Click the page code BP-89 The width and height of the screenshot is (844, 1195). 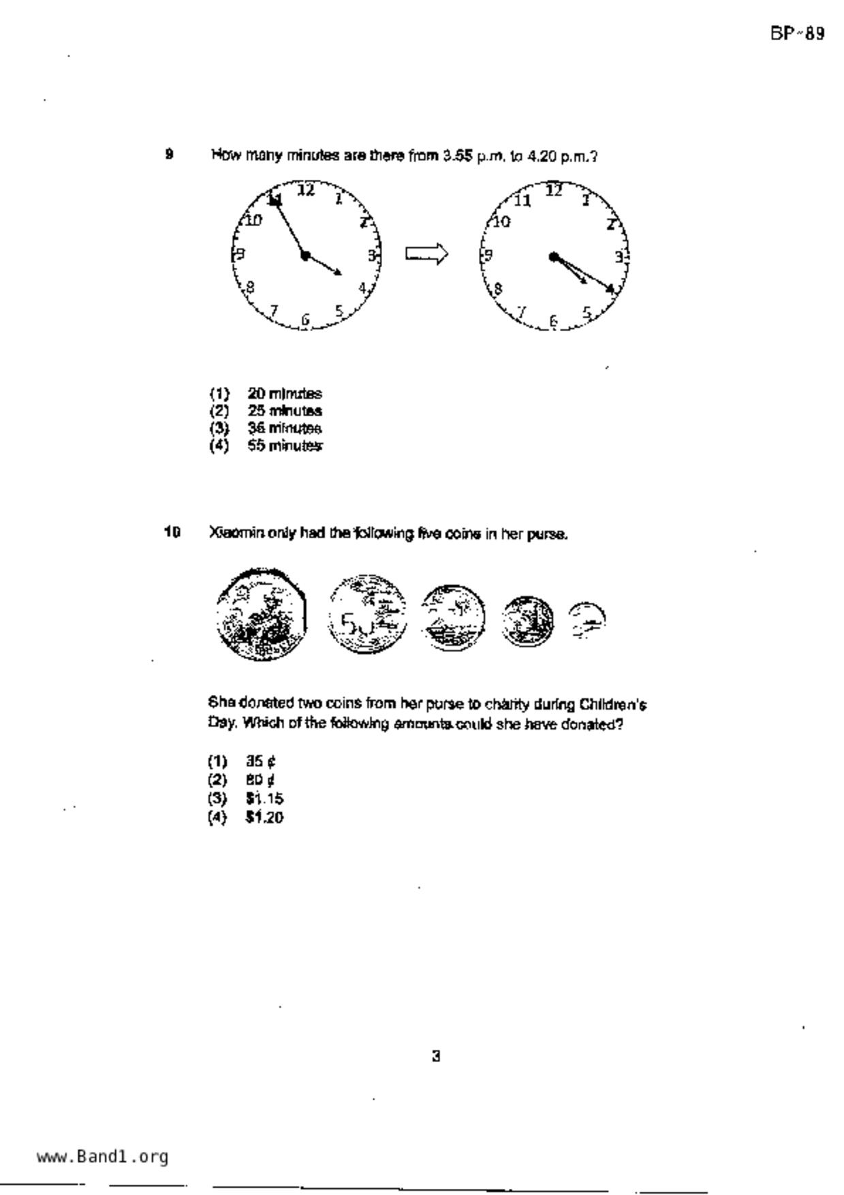797,33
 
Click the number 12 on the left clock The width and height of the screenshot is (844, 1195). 306,190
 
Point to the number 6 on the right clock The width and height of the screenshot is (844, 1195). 554,321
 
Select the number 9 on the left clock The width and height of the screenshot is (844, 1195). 240,255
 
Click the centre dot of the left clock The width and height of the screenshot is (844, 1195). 305,255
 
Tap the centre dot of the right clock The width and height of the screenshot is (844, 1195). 554,256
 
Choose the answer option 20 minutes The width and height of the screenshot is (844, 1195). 284,394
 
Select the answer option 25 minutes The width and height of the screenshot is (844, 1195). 284,411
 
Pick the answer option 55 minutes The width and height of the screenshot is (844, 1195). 284,446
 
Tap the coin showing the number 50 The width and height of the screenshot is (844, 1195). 366,615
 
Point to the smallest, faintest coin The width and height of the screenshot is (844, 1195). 586,620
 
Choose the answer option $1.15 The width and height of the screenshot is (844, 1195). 264,798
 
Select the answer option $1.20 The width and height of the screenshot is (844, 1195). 264,818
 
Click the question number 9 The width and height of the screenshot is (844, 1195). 169,154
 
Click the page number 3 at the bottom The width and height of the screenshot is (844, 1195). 436,1057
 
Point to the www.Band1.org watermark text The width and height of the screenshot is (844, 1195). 102,1157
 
